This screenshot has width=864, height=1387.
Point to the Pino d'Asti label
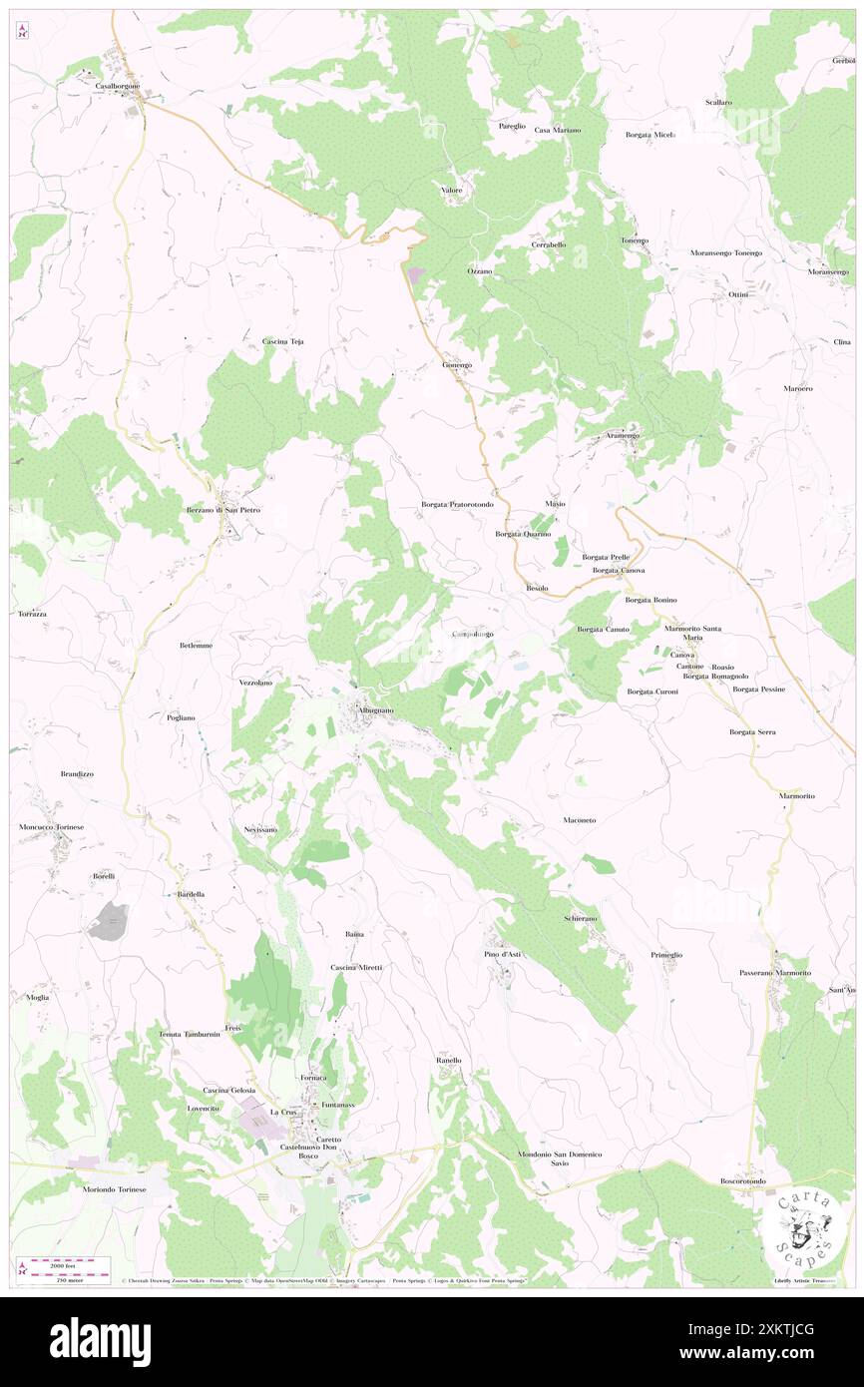tap(503, 954)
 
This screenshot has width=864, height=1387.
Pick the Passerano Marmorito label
tap(775, 972)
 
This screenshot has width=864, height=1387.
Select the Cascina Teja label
tap(282, 341)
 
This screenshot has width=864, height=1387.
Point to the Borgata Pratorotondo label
tap(457, 505)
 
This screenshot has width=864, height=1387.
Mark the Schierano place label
tap(581, 918)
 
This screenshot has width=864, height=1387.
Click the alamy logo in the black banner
tap(100, 1342)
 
